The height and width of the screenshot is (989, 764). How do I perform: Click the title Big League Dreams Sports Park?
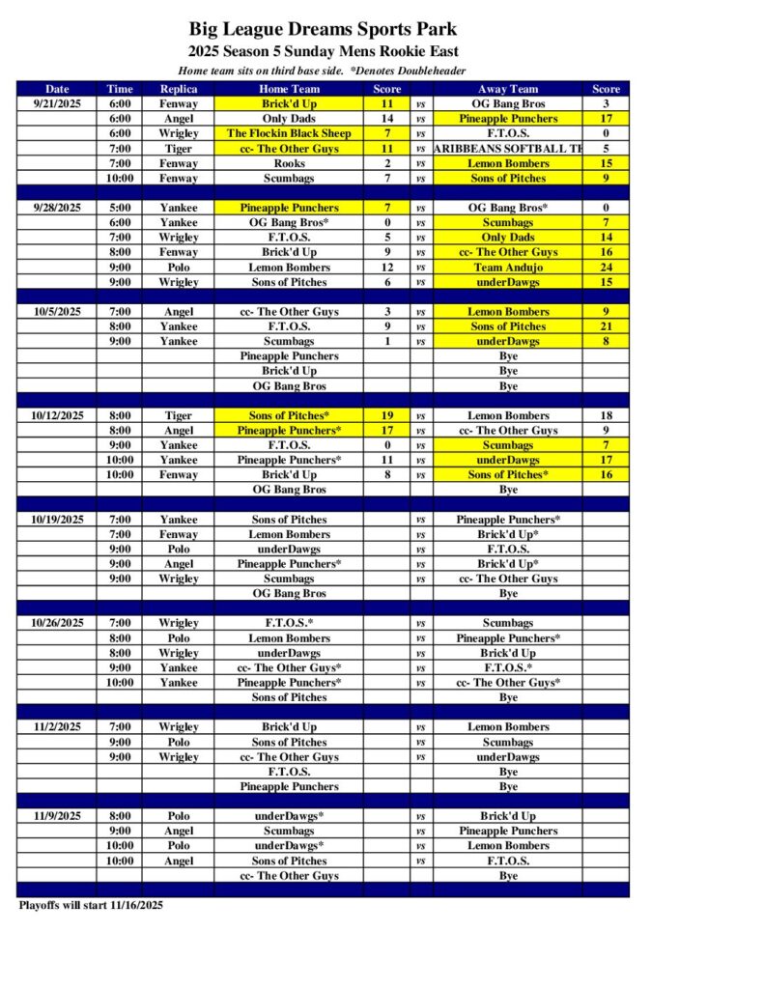click(323, 30)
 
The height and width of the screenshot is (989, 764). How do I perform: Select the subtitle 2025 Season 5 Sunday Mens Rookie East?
click(323, 51)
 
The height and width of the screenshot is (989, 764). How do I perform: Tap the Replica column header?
click(179, 89)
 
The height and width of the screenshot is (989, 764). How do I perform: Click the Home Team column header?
click(289, 89)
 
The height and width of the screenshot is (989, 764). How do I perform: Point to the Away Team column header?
click(508, 89)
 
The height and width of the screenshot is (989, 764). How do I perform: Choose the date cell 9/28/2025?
click(57, 208)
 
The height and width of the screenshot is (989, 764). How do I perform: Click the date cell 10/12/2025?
click(57, 415)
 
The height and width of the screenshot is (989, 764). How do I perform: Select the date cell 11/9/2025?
click(57, 816)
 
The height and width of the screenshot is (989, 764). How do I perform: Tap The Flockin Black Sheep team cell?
click(289, 133)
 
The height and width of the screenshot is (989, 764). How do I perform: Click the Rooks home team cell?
click(289, 163)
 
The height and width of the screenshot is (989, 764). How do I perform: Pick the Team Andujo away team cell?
click(508, 268)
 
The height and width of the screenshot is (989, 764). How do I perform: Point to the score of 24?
click(606, 268)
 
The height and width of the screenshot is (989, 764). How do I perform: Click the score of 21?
click(606, 326)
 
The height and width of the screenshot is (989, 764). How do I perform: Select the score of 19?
click(387, 415)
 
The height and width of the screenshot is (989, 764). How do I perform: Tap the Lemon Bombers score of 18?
click(606, 415)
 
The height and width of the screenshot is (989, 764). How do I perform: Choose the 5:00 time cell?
click(120, 208)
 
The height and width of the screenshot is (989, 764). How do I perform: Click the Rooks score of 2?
click(387, 163)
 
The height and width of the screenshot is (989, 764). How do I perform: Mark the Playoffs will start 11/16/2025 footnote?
click(91, 905)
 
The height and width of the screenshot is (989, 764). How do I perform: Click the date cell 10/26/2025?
click(57, 623)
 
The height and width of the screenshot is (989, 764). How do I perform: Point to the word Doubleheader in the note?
click(429, 71)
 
